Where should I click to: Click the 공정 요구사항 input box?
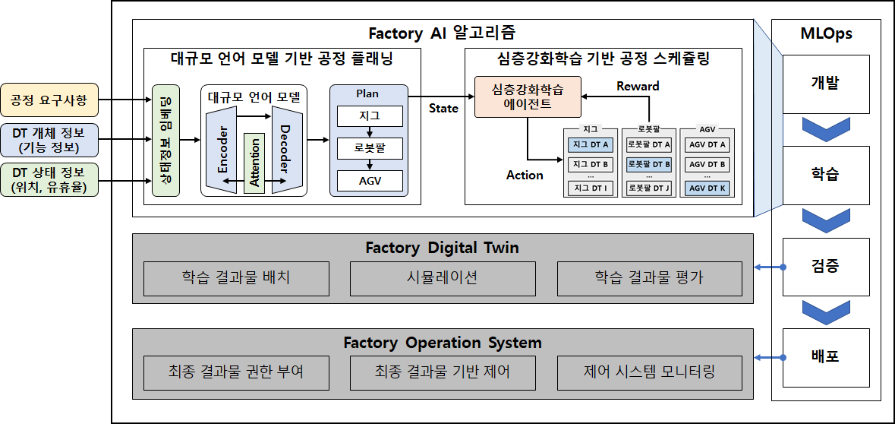coord(49,100)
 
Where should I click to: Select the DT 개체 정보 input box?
coord(49,140)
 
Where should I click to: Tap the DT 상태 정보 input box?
coord(49,180)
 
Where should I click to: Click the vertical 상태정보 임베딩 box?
coord(165,141)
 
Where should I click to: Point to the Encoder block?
coord(222,149)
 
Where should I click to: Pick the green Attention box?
coord(254,163)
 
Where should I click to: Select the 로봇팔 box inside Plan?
coord(370,148)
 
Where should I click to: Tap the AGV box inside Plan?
coord(370,181)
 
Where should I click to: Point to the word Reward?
coord(638,86)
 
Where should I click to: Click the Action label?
coord(525,176)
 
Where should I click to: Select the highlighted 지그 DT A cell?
coord(590,144)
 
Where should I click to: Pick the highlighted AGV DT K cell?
coord(707,188)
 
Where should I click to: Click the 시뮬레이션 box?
coord(443,278)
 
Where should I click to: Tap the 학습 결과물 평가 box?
coord(649,278)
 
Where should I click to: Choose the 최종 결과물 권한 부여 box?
coord(236,372)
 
